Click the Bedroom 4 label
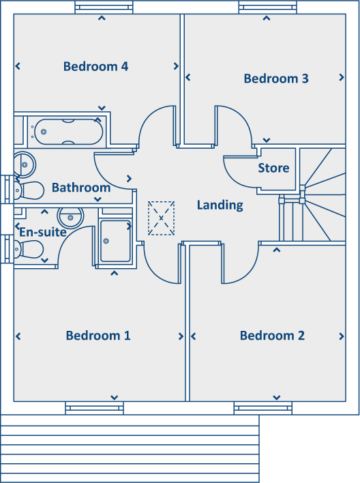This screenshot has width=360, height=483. pyautogui.click(x=95, y=66)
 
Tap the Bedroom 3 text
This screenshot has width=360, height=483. pyautogui.click(x=276, y=78)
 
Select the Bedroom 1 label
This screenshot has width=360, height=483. pyautogui.click(x=98, y=335)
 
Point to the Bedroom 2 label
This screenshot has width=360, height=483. pyautogui.click(x=272, y=335)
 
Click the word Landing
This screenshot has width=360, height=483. pyautogui.click(x=220, y=205)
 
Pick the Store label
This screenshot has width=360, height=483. pyautogui.click(x=273, y=168)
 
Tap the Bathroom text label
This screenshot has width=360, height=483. pyautogui.click(x=80, y=187)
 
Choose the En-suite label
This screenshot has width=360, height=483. pyautogui.click(x=42, y=232)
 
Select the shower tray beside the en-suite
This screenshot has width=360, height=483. pyautogui.click(x=117, y=241)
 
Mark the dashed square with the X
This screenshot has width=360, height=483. pyautogui.click(x=161, y=218)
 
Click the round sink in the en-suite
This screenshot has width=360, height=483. pyautogui.click(x=70, y=218)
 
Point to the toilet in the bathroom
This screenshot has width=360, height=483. pyautogui.click(x=29, y=190)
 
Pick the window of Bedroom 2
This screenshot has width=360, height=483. pyautogui.click(x=262, y=408)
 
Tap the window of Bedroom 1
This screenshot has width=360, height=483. pyautogui.click(x=95, y=408)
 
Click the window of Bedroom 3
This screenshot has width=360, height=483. pyautogui.click(x=267, y=8)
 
